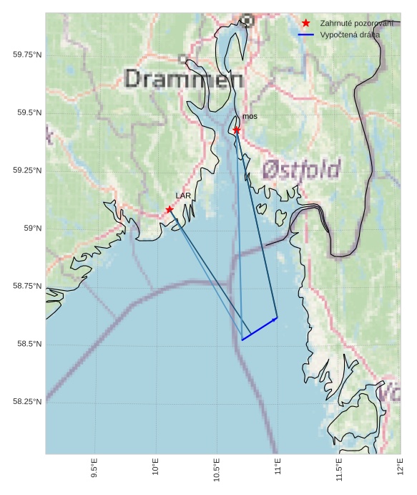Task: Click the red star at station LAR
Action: coord(170,209)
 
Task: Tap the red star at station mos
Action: coord(237,130)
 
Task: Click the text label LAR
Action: coord(183,195)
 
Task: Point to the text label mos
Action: coord(250,116)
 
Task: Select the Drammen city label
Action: coord(184,78)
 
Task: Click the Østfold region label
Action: coord(302,169)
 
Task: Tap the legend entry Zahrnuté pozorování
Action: coord(356,24)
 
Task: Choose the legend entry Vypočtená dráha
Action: coord(350,34)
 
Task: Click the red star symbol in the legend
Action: coord(306,24)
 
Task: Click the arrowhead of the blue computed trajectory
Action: coord(276,317)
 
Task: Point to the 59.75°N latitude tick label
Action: coord(27,54)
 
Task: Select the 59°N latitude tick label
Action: coord(33,228)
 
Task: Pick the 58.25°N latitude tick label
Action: coord(27,402)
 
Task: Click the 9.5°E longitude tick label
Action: coord(94,468)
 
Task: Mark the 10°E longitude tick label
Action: coord(156,468)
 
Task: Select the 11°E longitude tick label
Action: coord(278,468)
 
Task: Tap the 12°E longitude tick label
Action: coord(401,468)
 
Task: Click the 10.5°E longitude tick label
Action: coord(217,468)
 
